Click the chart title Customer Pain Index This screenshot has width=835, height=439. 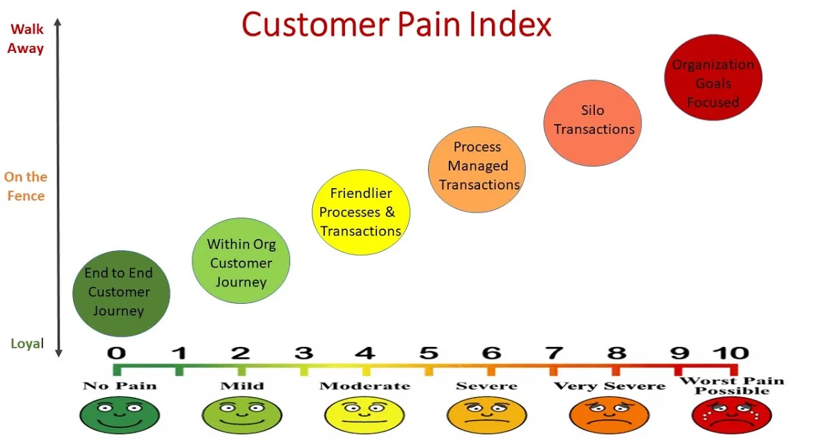[396, 24]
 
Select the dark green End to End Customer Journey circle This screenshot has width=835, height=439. [121, 293]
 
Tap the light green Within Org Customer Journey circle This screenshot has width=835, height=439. [241, 261]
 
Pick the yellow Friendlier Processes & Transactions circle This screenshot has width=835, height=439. [361, 213]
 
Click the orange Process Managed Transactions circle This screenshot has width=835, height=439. [477, 169]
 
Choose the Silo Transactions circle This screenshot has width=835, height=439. [592, 123]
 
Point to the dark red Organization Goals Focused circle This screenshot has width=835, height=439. [713, 77]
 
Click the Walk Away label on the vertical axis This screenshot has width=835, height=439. [26, 39]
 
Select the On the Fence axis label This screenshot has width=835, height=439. [26, 186]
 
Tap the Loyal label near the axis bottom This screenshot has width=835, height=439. [27, 344]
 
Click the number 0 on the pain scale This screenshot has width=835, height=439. [116, 353]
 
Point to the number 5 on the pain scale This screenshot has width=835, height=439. [429, 353]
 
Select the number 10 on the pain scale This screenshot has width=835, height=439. [731, 353]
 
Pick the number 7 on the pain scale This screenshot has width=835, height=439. [554, 353]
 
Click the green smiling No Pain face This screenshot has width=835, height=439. [120, 415]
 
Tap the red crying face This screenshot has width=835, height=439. [732, 415]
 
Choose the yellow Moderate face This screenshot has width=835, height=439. [365, 415]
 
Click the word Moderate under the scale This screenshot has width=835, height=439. [365, 385]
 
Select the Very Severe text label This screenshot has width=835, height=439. [610, 386]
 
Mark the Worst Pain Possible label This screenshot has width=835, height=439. [732, 385]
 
